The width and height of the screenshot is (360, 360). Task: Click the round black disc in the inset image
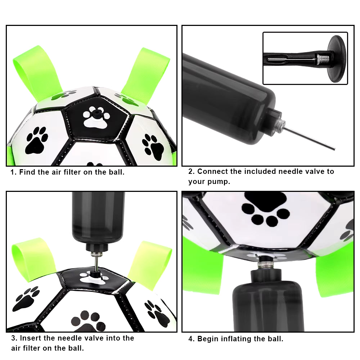click(x=337, y=58)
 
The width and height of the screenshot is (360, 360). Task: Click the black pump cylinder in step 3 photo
click(x=98, y=216)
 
